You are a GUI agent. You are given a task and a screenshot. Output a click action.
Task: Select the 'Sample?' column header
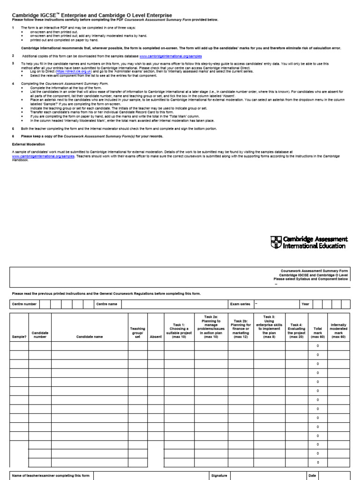pos(19,337)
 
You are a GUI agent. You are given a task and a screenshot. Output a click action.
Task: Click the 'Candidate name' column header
pos(89,337)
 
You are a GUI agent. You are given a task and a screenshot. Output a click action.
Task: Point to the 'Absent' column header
pos(156,337)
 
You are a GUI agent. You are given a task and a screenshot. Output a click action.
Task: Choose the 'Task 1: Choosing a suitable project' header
pos(179,330)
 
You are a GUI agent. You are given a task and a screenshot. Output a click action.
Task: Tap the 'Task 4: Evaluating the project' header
pos(296,330)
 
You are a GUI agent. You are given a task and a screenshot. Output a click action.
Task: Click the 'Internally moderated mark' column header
pos(338,330)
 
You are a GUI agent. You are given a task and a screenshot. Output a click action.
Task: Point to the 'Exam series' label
pos(240,304)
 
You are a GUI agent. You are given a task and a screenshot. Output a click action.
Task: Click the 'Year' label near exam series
pos(306,304)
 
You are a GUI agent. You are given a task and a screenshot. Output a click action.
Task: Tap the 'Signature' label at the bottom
pos(219,475)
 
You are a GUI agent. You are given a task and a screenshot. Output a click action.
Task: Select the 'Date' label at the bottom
pos(312,475)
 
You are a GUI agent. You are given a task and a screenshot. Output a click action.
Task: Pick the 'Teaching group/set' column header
pos(137,333)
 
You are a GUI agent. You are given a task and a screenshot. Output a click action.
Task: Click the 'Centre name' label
pos(106,304)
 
